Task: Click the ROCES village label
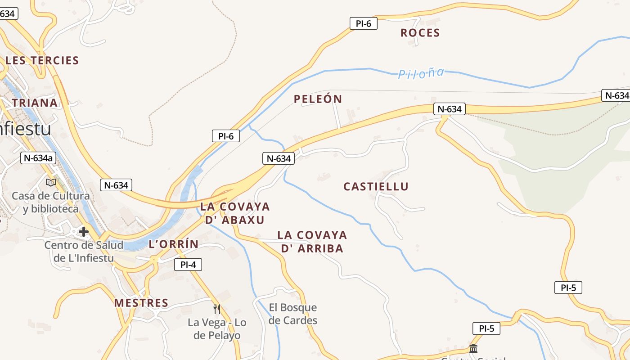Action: coord(420,33)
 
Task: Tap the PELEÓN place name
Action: coord(318,99)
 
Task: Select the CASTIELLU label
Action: coord(376,186)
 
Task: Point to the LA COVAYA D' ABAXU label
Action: coord(235,213)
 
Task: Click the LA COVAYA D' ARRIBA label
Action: coord(312,241)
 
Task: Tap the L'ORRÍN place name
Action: coord(173,244)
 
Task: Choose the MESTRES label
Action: coord(141,303)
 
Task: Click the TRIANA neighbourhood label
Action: coord(35,103)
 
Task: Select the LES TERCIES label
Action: coord(42,60)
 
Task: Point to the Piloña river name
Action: coord(421,73)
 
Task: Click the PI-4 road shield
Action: coord(188,265)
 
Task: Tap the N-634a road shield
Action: coord(38,158)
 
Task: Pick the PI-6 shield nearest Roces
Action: coord(363,24)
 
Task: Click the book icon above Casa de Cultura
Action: coord(51,182)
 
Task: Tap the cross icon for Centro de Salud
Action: coord(84,232)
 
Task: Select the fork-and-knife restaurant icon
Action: coord(217,309)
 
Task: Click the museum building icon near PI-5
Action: coord(473,348)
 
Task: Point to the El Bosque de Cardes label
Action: coord(293,314)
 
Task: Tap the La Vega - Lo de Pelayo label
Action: coord(217,329)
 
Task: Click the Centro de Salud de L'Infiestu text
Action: coord(84,252)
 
